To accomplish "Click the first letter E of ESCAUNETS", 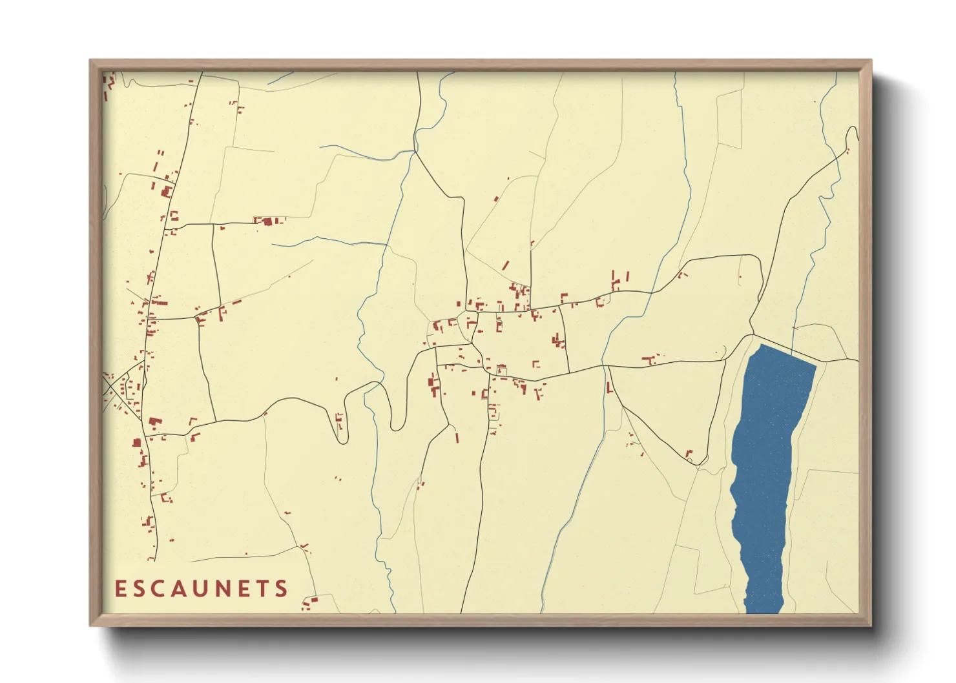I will (x=120, y=589).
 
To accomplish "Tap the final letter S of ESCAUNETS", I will (x=282, y=589).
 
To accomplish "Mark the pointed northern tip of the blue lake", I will (x=762, y=345).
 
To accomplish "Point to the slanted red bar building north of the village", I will (x=505, y=265).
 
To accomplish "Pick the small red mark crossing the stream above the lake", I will (x=795, y=328).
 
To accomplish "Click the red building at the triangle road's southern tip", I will (x=689, y=454).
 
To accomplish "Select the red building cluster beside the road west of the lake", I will (x=651, y=358).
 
